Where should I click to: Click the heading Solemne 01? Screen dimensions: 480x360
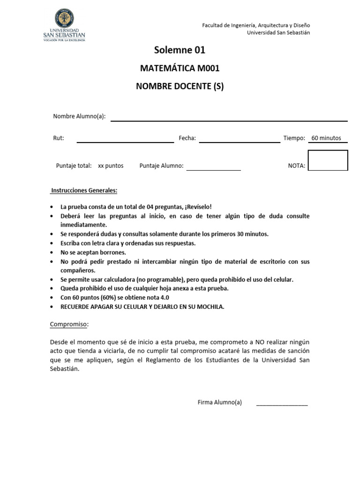(x=180, y=50)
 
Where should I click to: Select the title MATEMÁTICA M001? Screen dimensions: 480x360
(x=180, y=68)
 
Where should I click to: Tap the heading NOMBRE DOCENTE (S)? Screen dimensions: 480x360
(x=180, y=87)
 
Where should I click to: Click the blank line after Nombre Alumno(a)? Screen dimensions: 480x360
(x=229, y=120)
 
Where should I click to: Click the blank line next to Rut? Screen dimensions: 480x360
(x=125, y=141)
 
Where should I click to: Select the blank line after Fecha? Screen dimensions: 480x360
(x=239, y=141)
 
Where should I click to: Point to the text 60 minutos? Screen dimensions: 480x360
(x=326, y=138)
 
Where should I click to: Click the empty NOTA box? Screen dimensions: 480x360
(x=328, y=160)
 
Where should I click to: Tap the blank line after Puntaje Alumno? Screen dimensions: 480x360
(x=213, y=169)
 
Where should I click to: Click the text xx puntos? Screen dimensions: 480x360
(x=111, y=166)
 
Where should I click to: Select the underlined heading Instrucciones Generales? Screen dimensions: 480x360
(x=84, y=191)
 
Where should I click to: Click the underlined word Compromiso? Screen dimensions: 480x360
(x=69, y=324)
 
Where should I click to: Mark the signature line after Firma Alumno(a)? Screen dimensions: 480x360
(x=282, y=405)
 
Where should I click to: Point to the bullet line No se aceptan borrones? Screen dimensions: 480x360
(x=93, y=252)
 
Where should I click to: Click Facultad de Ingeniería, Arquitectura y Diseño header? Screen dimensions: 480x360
(x=255, y=25)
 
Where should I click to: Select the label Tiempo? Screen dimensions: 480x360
(x=294, y=138)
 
